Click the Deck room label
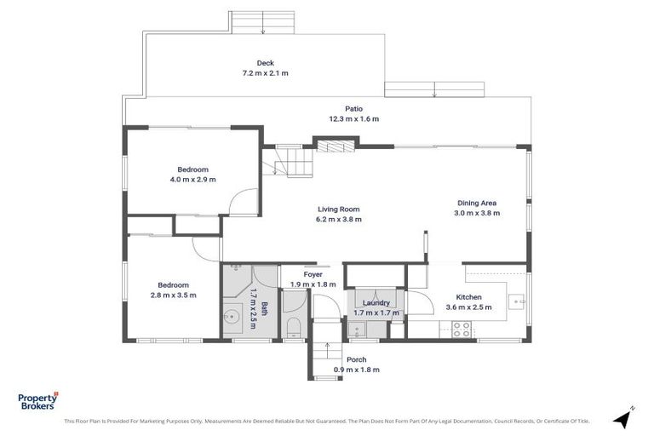(266, 63)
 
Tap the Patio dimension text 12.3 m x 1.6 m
(354, 119)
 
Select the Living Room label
(339, 209)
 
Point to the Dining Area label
(477, 204)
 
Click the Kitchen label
(469, 297)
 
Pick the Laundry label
(376, 303)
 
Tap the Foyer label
(313, 274)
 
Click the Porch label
(357, 359)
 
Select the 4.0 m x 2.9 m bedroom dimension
(192, 180)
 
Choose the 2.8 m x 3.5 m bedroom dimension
(173, 295)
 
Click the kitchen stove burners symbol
(462, 330)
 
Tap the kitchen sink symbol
(516, 301)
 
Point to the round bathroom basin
(232, 317)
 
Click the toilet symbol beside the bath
(294, 328)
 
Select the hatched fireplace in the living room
(336, 146)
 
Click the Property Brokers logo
(38, 401)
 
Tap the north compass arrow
(623, 417)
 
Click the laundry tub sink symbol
(358, 330)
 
